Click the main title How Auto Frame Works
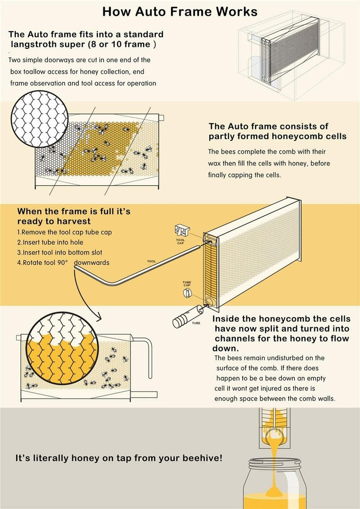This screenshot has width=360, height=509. pos(180,11)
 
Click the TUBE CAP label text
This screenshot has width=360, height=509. pos(186,283)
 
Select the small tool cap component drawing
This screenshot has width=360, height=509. pos(182,231)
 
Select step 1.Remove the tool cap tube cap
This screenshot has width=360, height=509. pos(64,233)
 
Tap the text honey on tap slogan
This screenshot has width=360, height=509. pos(119,458)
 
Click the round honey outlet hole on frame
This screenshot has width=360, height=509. pos(209,301)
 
